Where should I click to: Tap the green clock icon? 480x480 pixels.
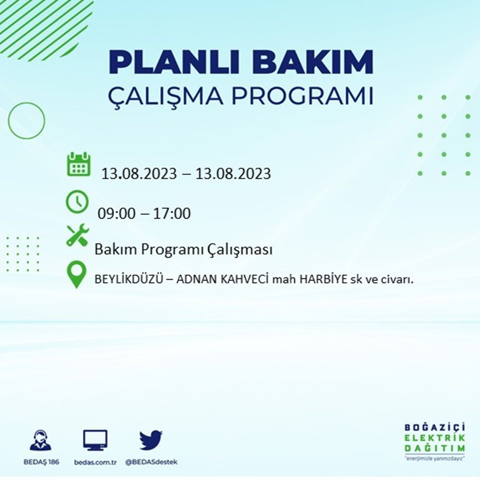(x=77, y=201)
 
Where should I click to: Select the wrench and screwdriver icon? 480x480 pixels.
(x=78, y=235)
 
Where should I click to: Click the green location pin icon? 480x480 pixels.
(x=76, y=274)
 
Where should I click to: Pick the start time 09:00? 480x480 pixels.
(x=116, y=213)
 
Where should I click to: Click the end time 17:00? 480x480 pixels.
(x=171, y=213)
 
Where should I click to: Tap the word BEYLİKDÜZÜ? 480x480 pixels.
(x=128, y=279)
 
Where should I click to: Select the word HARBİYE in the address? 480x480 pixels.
(x=323, y=279)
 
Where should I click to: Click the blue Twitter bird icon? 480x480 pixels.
(x=151, y=440)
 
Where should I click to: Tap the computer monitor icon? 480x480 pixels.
(x=95, y=440)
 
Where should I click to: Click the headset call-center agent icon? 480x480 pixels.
(x=40, y=440)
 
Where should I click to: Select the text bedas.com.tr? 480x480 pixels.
(x=95, y=462)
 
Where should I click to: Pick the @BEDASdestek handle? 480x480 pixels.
(x=151, y=462)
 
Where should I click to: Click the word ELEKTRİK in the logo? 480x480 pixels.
(x=434, y=438)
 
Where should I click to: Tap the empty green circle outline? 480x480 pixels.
(x=8, y=120)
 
